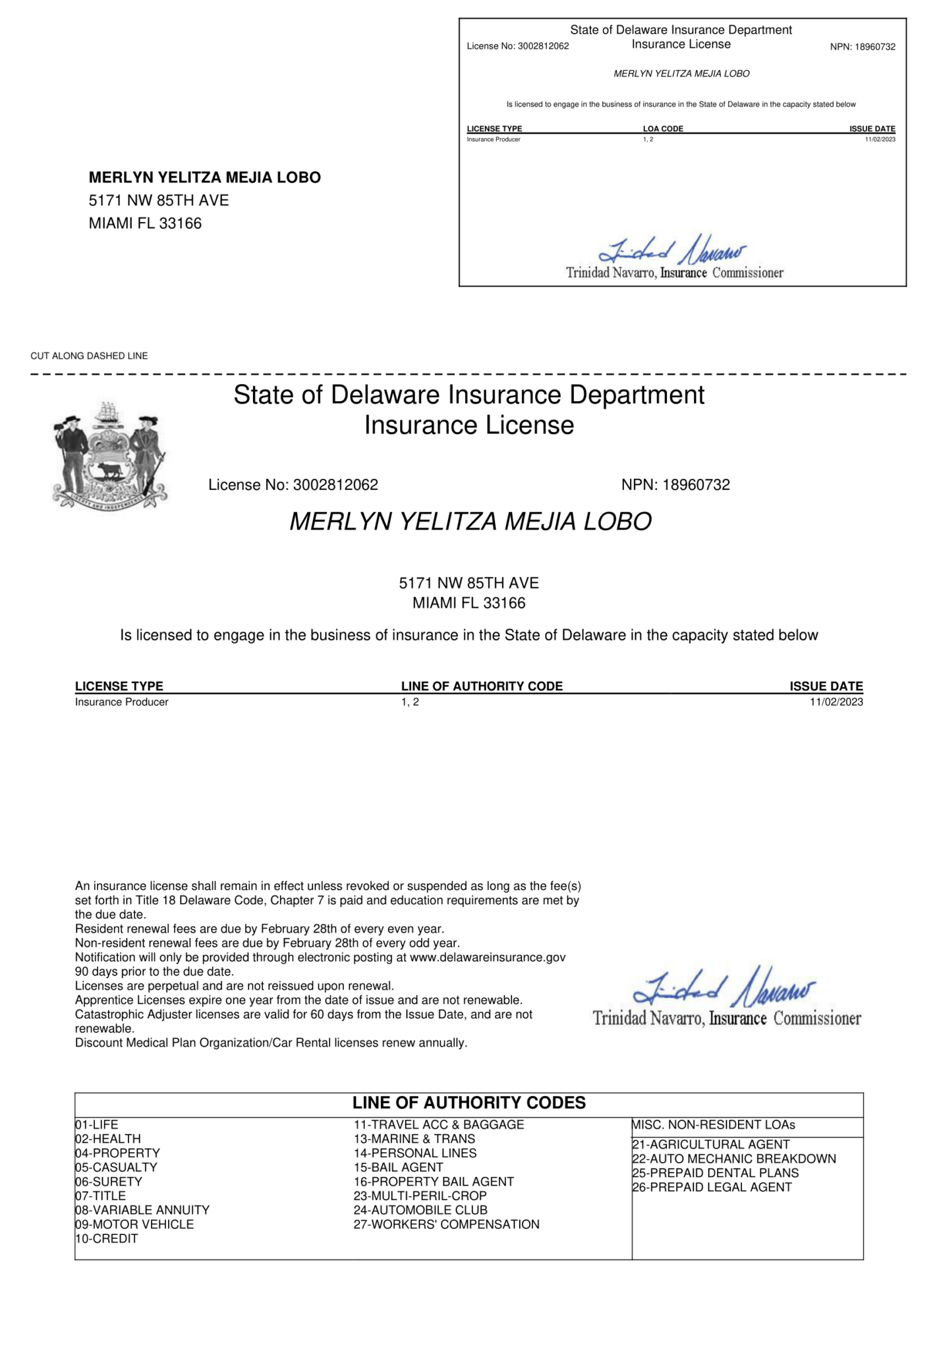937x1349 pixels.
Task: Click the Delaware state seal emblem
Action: coord(109,454)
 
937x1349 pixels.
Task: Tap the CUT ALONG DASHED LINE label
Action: coord(89,356)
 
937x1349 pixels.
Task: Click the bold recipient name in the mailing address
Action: coord(205,177)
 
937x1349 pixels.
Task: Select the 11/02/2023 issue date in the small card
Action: coord(880,140)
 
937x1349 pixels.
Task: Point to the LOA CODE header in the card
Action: coord(663,128)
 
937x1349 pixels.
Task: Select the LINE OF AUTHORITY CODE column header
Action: coord(482,686)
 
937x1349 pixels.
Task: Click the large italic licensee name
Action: coord(470,522)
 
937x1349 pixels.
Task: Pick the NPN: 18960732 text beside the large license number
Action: coord(675,485)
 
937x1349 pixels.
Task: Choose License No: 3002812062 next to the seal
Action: coord(293,485)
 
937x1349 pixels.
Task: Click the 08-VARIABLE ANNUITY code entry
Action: coord(142,1210)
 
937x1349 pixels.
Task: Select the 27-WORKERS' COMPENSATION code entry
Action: coord(446,1225)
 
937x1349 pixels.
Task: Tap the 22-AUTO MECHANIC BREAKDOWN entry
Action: coord(734,1159)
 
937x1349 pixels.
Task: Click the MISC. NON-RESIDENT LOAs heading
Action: coord(714,1124)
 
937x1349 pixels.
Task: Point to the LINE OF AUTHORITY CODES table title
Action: coord(468,1103)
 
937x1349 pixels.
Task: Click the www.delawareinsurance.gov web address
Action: coord(488,957)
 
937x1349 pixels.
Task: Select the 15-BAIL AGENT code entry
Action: coord(398,1167)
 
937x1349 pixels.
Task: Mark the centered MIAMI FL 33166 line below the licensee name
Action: coord(468,603)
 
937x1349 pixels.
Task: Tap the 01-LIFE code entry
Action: coord(97,1124)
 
